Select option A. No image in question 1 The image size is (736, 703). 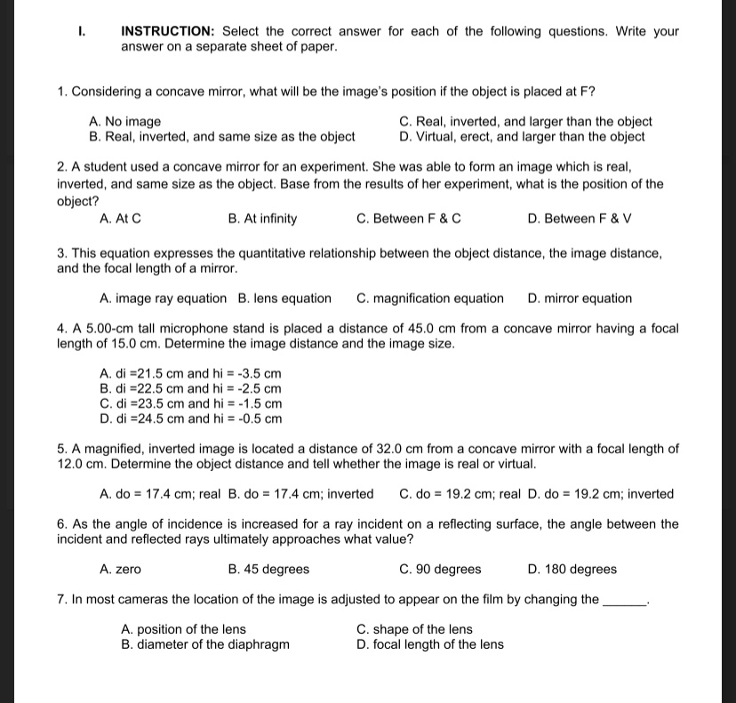point(125,122)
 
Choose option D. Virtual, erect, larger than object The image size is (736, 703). point(523,137)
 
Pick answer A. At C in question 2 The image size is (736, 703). point(121,219)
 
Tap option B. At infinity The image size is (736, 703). point(263,219)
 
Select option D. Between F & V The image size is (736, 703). point(580,219)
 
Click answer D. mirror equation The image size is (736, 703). point(580,299)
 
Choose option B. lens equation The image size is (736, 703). point(284,299)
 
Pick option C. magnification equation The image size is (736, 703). point(430,299)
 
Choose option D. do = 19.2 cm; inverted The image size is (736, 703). point(601,494)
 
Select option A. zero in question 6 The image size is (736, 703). point(121,570)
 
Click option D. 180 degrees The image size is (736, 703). point(572,570)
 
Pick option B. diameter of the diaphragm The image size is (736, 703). point(205,644)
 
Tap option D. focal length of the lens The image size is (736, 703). point(429,644)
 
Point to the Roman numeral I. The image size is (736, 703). point(82,31)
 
